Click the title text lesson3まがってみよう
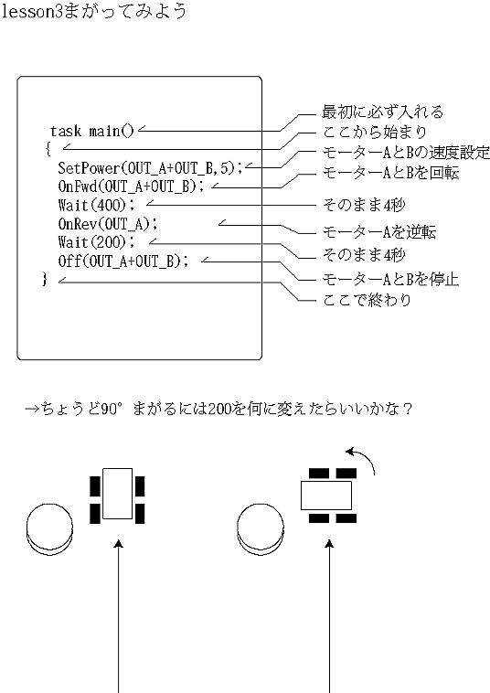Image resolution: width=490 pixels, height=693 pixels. (95, 14)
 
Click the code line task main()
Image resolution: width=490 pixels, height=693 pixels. (91, 131)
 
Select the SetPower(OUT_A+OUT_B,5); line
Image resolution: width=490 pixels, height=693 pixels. (151, 167)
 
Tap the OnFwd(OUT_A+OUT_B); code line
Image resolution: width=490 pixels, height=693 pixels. (132, 186)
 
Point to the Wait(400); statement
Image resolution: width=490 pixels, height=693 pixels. (95, 204)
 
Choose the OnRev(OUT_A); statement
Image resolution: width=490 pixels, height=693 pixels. (108, 223)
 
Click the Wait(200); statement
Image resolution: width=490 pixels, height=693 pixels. (95, 241)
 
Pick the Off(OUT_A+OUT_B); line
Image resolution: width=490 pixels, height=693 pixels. (127, 261)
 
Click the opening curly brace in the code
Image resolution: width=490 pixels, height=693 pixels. (48, 148)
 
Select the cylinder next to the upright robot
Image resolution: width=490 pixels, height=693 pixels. (49, 528)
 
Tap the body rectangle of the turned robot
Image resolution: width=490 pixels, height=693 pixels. (326, 496)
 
